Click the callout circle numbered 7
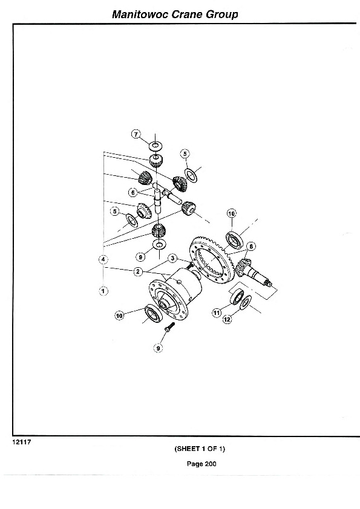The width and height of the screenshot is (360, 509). [136, 134]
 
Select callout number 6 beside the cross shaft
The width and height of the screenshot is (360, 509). [133, 193]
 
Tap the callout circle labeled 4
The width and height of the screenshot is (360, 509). [103, 259]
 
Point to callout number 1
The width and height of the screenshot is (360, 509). [103, 291]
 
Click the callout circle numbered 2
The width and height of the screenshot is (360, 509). [138, 271]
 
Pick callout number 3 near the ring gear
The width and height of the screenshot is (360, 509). [173, 258]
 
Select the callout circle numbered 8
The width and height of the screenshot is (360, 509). [251, 247]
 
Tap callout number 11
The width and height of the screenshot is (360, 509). [217, 313]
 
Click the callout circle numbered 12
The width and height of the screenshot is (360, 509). [227, 319]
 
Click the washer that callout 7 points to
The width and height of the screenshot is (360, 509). [155, 146]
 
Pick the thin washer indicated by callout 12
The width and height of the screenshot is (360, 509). [245, 302]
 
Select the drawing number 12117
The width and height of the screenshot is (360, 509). [21, 442]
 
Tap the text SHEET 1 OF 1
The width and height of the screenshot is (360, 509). [200, 449]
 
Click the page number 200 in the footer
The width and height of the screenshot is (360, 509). [211, 464]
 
